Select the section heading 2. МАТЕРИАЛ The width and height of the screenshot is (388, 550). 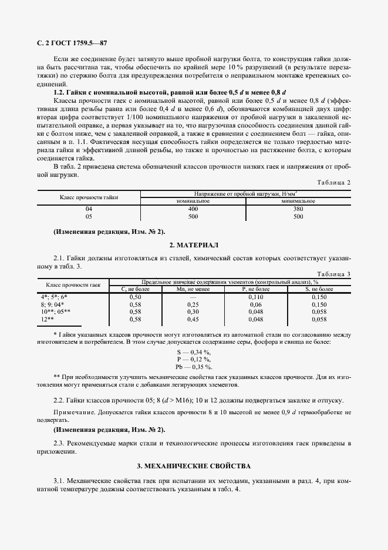[x=193, y=244]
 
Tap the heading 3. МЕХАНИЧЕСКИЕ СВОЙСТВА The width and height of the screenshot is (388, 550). [x=193, y=465]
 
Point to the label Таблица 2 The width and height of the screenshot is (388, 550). [x=333, y=182]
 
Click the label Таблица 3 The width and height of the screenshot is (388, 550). [x=333, y=274]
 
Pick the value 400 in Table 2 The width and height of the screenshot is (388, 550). [x=193, y=209]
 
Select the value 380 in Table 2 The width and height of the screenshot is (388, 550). [x=298, y=209]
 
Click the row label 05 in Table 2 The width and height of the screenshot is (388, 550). [x=89, y=216]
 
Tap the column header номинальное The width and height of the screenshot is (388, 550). [x=193, y=201]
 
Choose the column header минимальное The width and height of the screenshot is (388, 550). [x=298, y=201]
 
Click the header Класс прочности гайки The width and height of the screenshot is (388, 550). [x=89, y=197]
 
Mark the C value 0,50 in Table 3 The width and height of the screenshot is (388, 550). [x=136, y=297]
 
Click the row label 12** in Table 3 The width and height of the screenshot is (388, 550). [x=47, y=319]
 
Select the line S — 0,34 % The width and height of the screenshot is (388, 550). [x=194, y=351]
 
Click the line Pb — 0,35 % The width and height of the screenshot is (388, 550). [x=194, y=366]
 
